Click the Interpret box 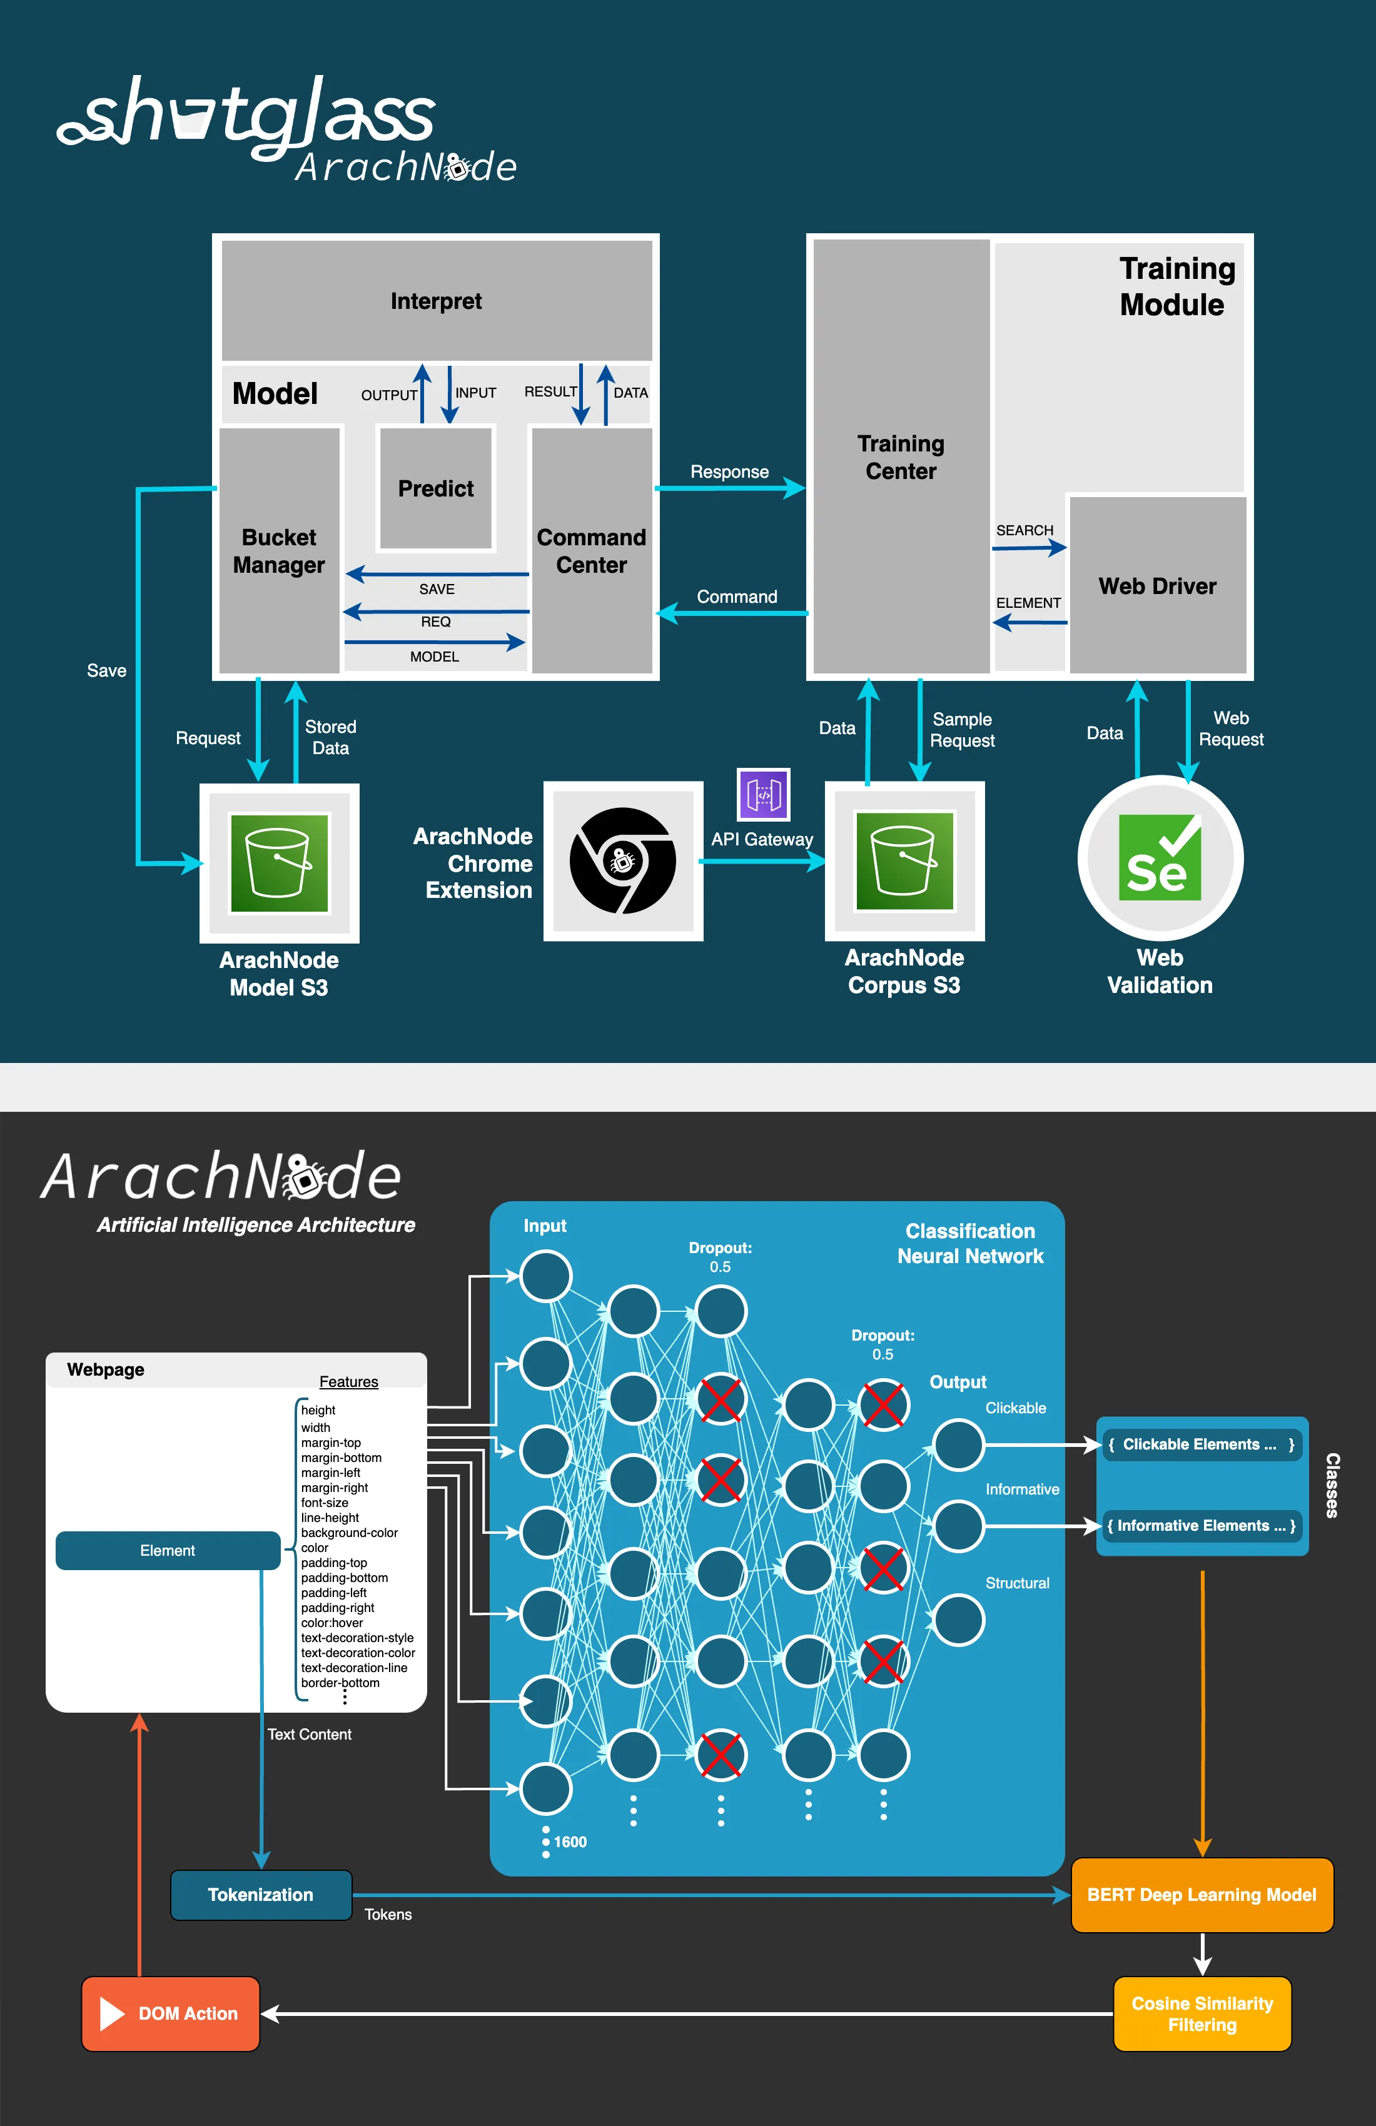tap(436, 301)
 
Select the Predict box tap(436, 488)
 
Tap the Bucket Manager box tap(279, 551)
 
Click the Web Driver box tap(1157, 586)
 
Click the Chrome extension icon tap(623, 861)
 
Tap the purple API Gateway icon tap(763, 794)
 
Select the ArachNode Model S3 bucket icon tap(279, 863)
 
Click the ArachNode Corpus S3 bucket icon tap(904, 861)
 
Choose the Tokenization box tap(261, 1895)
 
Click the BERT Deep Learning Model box tap(1201, 1895)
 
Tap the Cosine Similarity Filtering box tap(1201, 2013)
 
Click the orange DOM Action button tap(171, 2013)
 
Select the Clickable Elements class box tap(1201, 1444)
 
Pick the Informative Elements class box tap(1201, 1526)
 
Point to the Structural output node tap(958, 1620)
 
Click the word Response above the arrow tap(729, 471)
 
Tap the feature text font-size tap(325, 1503)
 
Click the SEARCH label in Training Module tap(1025, 531)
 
